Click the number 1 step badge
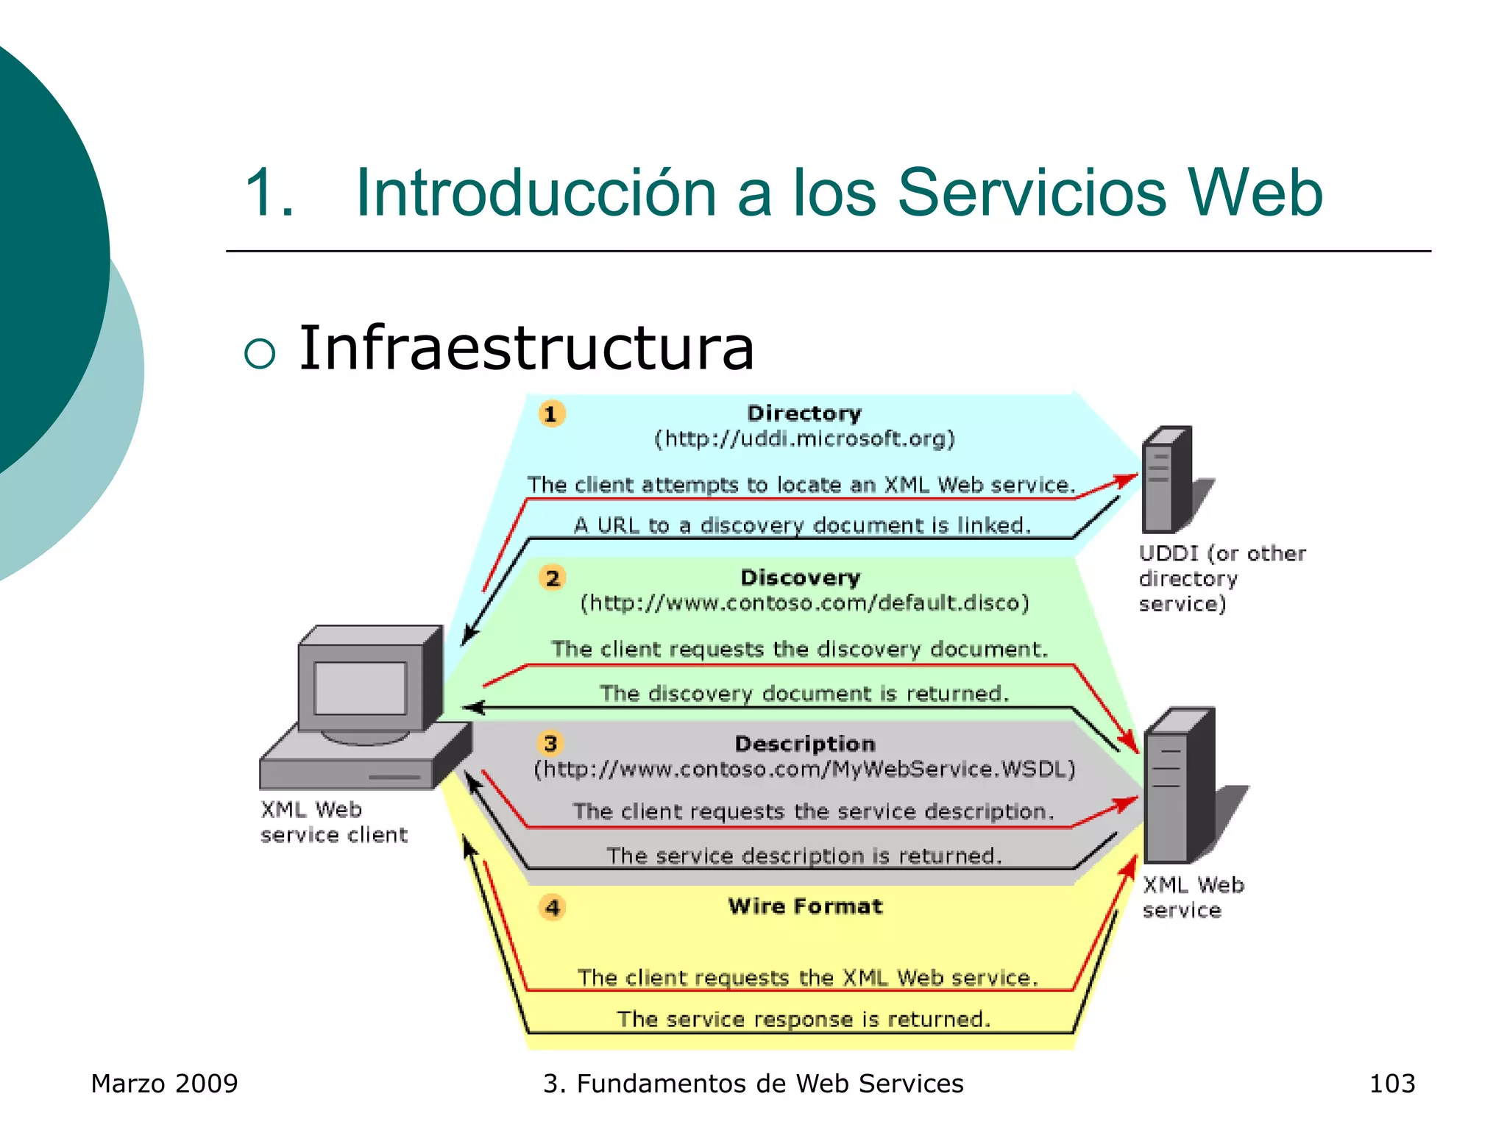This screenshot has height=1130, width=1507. [x=551, y=413]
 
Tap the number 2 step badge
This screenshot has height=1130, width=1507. [x=553, y=578]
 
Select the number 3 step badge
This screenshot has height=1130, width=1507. [x=550, y=743]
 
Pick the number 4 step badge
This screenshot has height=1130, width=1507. [x=553, y=907]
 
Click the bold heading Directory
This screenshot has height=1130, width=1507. [x=804, y=413]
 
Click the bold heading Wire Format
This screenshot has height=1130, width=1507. [x=805, y=906]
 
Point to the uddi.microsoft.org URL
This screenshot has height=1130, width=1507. [x=805, y=439]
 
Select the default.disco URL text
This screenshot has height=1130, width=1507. [x=805, y=603]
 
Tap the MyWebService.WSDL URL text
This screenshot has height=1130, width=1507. [x=805, y=770]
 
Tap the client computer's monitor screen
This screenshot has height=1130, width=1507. [x=360, y=688]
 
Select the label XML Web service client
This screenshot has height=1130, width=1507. [x=333, y=822]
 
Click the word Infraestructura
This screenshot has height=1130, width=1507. [x=526, y=348]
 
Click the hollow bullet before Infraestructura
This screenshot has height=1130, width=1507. [x=259, y=353]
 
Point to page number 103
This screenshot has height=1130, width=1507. [x=1391, y=1084]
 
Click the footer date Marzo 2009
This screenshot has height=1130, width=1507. [x=164, y=1084]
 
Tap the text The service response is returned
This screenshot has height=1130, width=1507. [x=804, y=1019]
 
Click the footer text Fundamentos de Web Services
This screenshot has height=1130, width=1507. [x=770, y=1084]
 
